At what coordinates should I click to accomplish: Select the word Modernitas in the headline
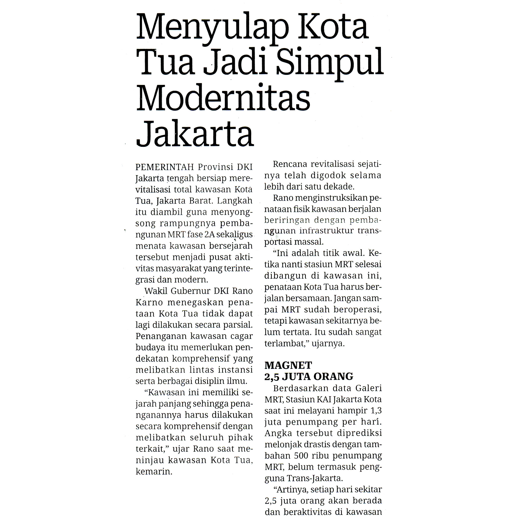[x=223, y=98]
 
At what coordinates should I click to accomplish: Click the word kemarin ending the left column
[x=154, y=472]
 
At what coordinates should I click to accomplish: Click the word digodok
[x=328, y=175]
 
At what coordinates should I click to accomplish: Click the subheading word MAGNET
[x=288, y=365]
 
